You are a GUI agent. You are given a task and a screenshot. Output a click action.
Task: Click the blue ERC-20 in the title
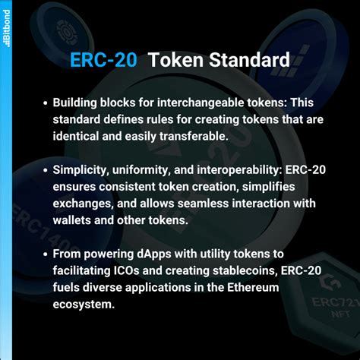point(103,60)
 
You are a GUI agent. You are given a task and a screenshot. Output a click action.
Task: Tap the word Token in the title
point(176,60)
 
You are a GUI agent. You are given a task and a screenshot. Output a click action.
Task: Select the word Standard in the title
point(249,60)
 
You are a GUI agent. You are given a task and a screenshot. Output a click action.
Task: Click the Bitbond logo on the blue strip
point(6,28)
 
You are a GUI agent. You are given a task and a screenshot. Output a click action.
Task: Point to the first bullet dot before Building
point(46,103)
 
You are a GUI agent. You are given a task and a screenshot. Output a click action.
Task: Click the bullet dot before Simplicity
point(46,170)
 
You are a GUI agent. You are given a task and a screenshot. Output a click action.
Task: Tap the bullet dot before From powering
point(46,254)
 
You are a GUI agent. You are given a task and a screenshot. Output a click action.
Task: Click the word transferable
point(194,136)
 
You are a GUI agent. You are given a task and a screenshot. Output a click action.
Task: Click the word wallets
point(72,220)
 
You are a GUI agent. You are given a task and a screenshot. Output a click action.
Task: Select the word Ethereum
point(253,287)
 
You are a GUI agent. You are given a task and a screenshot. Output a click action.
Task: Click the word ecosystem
point(84,305)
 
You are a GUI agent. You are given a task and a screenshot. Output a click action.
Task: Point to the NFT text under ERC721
point(341,314)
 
